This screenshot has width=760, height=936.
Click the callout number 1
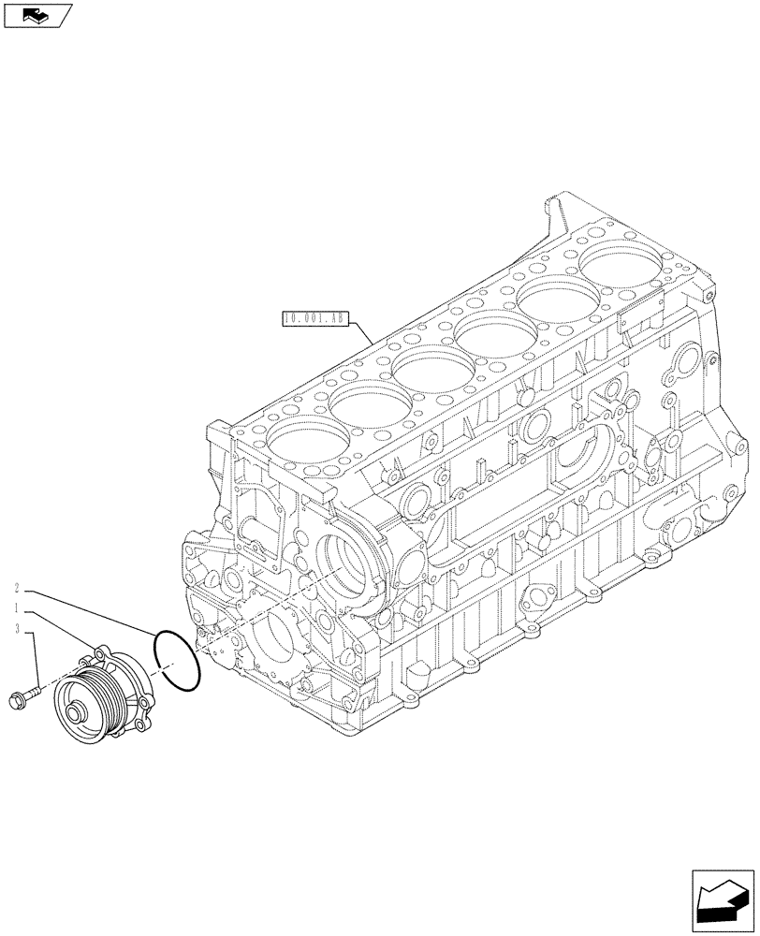pyautogui.click(x=19, y=609)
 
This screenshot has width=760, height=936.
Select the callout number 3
pyautogui.click(x=19, y=632)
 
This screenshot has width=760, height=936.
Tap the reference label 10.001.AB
pyautogui.click(x=314, y=319)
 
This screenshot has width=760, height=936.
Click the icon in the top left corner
pyautogui.click(x=37, y=15)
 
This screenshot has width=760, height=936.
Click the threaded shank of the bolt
pyautogui.click(x=33, y=694)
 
